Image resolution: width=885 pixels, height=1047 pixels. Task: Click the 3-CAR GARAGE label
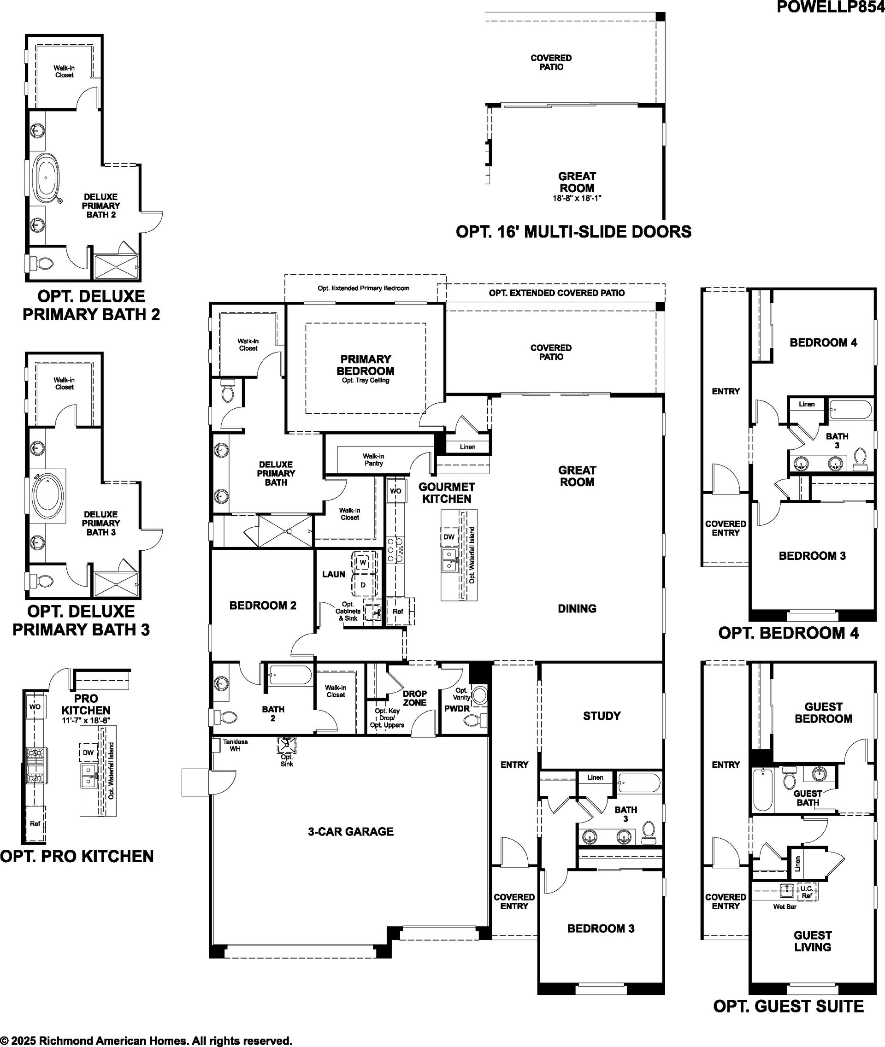[351, 831]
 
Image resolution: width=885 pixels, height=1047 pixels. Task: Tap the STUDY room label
[602, 715]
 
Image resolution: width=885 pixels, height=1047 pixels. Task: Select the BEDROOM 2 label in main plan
[263, 605]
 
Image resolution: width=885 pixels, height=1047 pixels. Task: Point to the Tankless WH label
[235, 745]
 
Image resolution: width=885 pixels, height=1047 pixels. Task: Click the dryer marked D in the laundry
[363, 585]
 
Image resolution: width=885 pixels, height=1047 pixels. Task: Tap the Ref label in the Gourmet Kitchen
[398, 612]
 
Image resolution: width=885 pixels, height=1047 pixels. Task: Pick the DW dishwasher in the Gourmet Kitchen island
[449, 537]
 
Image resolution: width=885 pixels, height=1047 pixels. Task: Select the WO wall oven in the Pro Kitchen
[35, 706]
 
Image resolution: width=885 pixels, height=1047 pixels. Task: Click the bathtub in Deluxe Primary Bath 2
[46, 176]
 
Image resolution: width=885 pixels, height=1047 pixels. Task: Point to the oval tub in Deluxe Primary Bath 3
[47, 497]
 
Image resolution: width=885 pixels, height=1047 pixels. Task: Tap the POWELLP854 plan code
[830, 6]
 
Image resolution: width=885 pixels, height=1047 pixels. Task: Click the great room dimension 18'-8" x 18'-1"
[577, 198]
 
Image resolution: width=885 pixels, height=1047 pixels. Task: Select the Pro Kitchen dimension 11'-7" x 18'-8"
[86, 720]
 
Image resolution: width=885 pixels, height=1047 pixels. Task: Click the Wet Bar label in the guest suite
[785, 906]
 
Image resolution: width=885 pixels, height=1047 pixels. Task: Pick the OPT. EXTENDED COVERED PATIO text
[557, 293]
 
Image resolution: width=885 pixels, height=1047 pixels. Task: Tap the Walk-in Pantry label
[374, 459]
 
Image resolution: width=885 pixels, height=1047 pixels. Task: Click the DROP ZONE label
[415, 698]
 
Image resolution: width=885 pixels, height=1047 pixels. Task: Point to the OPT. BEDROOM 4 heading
[789, 633]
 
